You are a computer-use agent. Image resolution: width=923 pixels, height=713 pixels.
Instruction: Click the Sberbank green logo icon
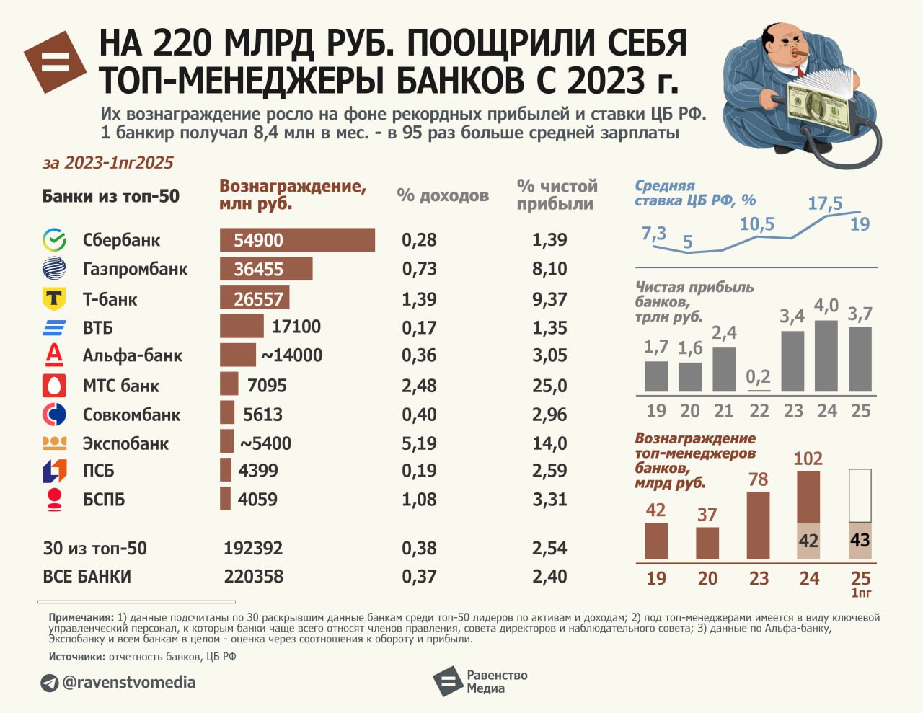pos(54,240)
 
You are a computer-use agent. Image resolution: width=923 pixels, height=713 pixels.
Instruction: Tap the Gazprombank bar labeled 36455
pos(266,269)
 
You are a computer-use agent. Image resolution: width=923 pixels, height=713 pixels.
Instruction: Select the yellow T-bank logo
pos(54,298)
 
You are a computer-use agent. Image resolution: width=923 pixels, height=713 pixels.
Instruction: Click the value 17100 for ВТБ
pos(296,327)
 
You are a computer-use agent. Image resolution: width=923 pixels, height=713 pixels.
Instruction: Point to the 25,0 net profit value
pos(549,386)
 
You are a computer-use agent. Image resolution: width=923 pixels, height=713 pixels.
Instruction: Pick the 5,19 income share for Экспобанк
pos(419,443)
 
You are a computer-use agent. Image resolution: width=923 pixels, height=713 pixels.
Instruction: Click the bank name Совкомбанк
pos(131,415)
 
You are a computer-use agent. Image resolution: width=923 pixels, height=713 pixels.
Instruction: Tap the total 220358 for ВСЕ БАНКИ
pos(253,577)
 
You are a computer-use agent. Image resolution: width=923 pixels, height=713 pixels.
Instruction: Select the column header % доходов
pos(443,195)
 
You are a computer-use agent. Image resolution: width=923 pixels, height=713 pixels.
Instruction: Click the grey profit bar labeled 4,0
pos(826,355)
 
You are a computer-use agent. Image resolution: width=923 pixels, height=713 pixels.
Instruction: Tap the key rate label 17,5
pos(825,204)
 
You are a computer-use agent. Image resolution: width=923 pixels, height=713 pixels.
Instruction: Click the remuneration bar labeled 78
pos(759,526)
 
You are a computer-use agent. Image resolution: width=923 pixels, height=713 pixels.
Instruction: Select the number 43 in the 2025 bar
pos(860,541)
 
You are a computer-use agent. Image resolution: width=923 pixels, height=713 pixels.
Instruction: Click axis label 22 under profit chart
pos(759,411)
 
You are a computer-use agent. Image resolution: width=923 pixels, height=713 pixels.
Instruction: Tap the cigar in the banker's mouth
pos(803,55)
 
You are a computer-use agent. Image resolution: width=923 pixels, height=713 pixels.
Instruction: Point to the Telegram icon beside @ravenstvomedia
pos(49,683)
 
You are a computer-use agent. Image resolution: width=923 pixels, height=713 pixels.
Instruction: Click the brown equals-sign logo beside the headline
pos(56,62)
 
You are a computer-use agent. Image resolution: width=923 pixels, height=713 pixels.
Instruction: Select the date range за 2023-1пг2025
pos(108,163)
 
